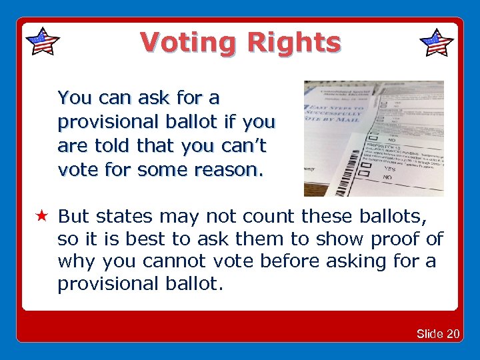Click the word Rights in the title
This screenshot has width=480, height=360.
(x=293, y=43)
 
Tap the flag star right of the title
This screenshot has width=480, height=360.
(x=437, y=43)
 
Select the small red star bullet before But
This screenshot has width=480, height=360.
(x=41, y=217)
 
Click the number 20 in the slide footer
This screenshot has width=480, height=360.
(x=452, y=333)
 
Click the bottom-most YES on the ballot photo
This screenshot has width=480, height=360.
(x=388, y=169)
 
